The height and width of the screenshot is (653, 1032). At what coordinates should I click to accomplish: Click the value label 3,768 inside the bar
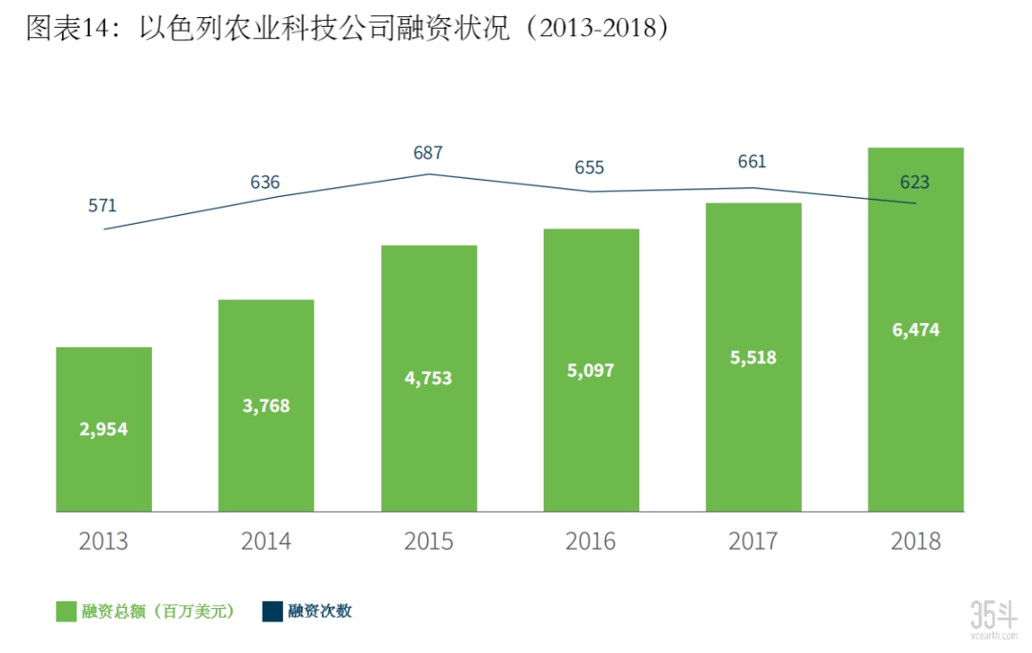coord(266,405)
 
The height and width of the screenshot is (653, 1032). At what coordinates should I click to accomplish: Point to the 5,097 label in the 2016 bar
coord(591,370)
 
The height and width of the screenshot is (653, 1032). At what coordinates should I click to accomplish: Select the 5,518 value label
coord(753,358)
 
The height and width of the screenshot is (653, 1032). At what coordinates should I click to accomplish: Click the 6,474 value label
coord(915,330)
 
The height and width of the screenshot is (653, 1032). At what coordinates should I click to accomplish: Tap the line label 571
coord(102,206)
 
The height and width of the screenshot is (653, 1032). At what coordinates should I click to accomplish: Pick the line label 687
coord(428,152)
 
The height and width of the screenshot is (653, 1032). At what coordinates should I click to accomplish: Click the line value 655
coord(590,167)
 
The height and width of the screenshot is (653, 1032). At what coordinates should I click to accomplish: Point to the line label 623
coord(914,182)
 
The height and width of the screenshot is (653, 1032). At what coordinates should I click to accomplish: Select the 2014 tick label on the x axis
coord(266,541)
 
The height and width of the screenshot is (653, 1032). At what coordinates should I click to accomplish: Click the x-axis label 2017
coord(753,541)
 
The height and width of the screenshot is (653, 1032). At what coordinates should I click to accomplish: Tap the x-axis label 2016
coord(591,541)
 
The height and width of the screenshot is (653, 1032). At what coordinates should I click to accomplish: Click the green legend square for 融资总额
coord(66,612)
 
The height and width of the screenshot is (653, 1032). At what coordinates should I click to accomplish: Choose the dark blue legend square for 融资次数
coord(272,612)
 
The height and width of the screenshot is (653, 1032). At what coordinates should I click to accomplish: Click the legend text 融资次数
coord(320,612)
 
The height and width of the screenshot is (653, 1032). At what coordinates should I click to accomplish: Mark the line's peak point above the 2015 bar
coord(428,174)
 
